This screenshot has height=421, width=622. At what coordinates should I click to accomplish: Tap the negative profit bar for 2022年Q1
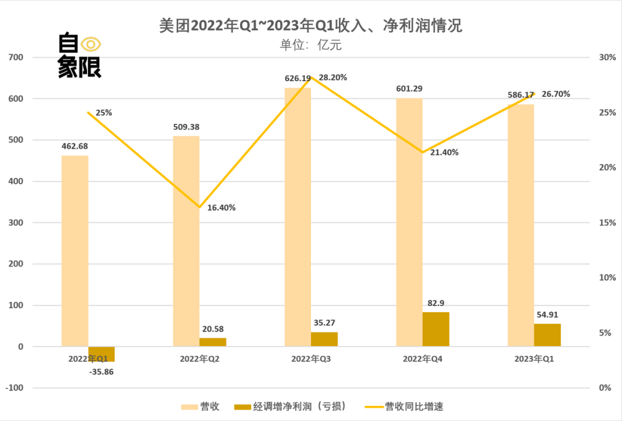(x=101, y=354)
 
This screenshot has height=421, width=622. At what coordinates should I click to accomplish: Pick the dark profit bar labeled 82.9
(x=435, y=329)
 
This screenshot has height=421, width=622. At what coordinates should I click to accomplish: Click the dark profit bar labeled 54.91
(x=547, y=335)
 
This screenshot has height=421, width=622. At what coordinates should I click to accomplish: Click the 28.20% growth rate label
(x=333, y=78)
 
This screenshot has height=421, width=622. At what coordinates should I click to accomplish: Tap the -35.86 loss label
(x=101, y=371)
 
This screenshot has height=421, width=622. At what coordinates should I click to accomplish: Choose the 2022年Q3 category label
(x=312, y=359)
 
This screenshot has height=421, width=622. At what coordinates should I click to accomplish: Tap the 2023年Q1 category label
(x=534, y=359)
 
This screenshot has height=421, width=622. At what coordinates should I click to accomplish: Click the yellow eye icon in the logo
(x=91, y=44)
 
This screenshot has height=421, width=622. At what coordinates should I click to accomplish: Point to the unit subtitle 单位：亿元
(x=310, y=45)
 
